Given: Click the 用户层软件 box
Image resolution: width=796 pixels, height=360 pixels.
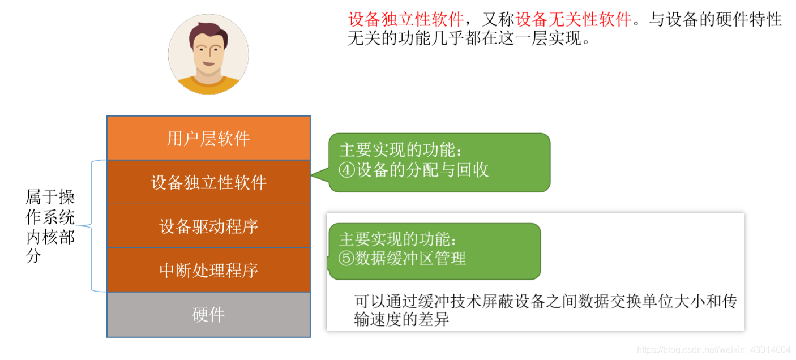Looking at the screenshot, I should tap(208, 138).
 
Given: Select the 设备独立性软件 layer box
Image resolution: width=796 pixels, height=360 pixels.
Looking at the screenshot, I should tap(208, 182).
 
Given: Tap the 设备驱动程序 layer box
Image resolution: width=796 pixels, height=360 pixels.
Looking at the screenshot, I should tap(208, 226).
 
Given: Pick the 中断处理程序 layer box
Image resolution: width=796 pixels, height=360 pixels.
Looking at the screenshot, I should tap(208, 270).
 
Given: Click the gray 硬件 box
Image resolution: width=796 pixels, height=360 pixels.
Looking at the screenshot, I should tap(208, 315).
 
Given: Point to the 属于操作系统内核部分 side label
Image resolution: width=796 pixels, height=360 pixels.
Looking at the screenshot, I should tap(50, 226).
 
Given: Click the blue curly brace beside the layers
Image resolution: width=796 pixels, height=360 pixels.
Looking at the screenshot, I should tap(91, 226).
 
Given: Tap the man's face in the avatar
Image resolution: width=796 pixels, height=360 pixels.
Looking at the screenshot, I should tap(208, 54).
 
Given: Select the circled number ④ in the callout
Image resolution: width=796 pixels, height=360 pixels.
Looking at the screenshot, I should tap(346, 170).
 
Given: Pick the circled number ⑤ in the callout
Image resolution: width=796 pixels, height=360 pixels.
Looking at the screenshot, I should tap(346, 259).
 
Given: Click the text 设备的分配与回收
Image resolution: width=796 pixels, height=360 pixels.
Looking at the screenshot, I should tap(421, 170).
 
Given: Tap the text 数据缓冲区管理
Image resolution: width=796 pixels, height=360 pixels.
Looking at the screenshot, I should tap(410, 259).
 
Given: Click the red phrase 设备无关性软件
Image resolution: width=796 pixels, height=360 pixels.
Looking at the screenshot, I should tap(574, 20).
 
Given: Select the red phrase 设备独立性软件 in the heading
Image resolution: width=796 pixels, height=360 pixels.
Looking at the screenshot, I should tap(405, 20).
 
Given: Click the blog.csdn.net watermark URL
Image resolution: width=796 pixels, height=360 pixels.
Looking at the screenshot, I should tap(713, 350).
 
